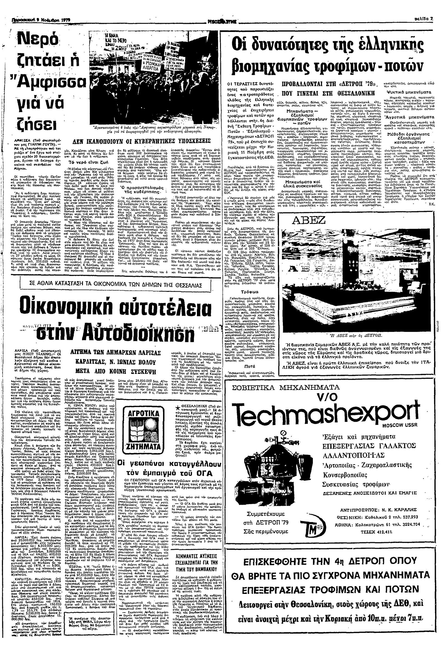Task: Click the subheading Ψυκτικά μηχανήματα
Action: click(409, 92)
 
